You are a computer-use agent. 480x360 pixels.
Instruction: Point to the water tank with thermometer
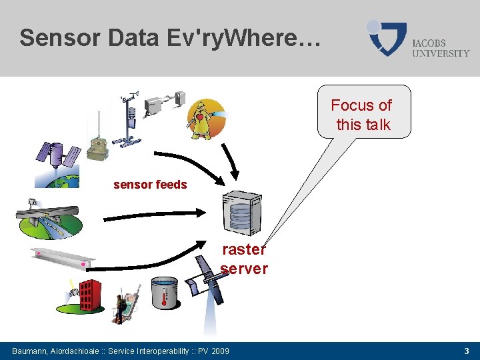[x=163, y=293]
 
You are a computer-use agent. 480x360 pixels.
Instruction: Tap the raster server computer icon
[x=241, y=212]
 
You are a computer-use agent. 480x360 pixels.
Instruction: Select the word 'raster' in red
[x=243, y=249]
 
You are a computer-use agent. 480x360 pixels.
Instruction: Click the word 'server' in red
[x=244, y=269]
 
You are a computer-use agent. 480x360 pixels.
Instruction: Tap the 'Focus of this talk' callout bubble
[x=363, y=113]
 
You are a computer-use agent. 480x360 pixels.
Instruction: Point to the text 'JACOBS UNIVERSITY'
[x=440, y=48]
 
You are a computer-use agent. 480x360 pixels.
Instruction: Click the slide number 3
[x=467, y=351]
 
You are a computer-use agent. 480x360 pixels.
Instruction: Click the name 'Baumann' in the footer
[x=31, y=351]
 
